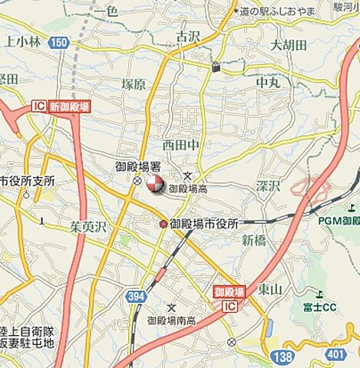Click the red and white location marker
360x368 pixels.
pyautogui.click(x=154, y=183)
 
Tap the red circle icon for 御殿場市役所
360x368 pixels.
pyautogui.click(x=163, y=224)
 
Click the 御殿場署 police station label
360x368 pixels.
pyautogui.click(x=137, y=166)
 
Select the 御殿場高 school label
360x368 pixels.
pyautogui.click(x=188, y=188)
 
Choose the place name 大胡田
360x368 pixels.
pyautogui.click(x=289, y=46)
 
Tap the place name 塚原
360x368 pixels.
pyautogui.click(x=133, y=85)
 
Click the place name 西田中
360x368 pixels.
pyautogui.click(x=180, y=143)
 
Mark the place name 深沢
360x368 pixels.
pyautogui.click(x=269, y=186)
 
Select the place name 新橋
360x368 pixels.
pyautogui.click(x=253, y=240)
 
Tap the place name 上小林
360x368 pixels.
pyautogui.click(x=23, y=41)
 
